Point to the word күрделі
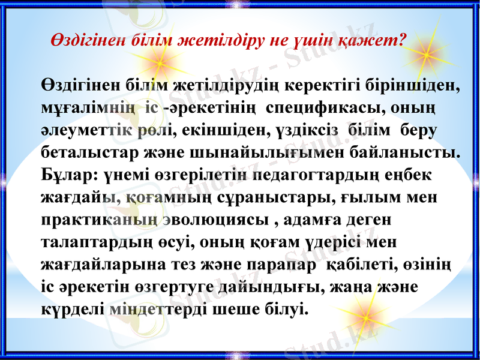[x=73, y=308]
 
